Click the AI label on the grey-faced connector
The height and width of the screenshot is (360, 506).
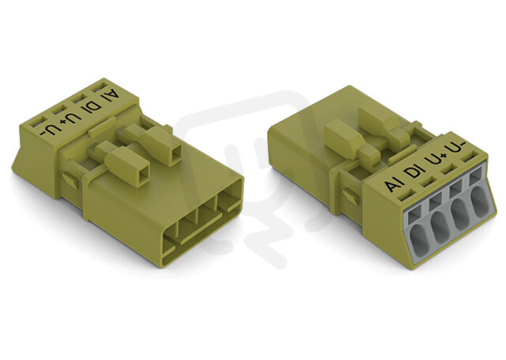[393, 184]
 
